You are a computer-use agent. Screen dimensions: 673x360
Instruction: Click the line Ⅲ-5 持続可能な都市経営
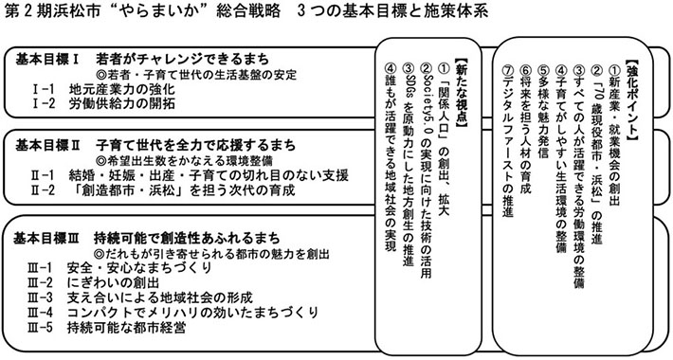(x=108, y=327)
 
